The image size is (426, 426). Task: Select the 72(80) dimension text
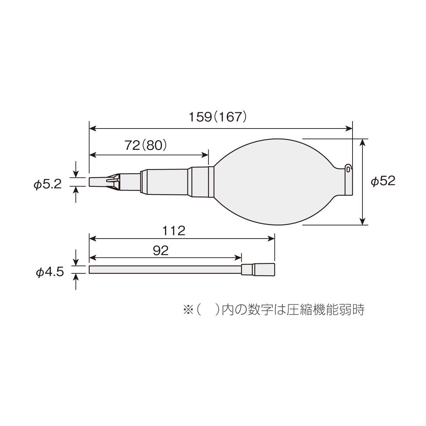coord(146,146)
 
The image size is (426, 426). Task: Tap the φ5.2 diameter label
coord(48,184)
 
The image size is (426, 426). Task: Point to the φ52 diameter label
coord(383,181)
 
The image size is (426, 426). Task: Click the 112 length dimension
coord(174,231)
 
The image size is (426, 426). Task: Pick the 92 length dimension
coord(161,251)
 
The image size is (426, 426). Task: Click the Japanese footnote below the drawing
coord(274,310)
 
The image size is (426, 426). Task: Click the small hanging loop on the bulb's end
coord(348,169)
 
